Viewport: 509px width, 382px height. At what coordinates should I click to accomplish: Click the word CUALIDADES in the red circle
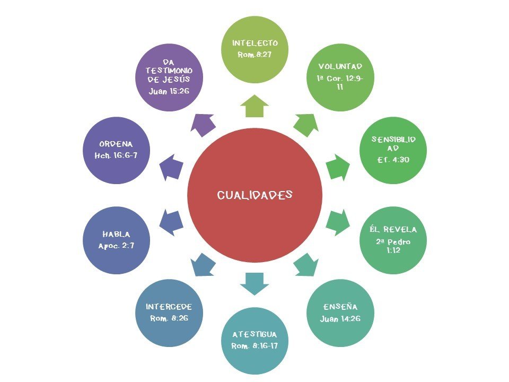coord(254,195)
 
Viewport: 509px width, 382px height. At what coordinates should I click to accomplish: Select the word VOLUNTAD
coord(340,66)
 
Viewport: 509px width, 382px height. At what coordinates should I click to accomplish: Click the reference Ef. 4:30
coord(393,159)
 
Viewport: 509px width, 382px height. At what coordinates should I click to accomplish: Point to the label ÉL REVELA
coord(393,230)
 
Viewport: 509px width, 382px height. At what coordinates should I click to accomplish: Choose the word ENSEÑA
coord(340,307)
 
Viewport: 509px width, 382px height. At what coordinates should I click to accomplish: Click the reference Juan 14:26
coord(340,319)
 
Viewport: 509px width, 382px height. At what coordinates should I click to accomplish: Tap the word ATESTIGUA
coord(254,335)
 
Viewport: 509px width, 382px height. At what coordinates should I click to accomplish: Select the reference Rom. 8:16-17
coord(254,346)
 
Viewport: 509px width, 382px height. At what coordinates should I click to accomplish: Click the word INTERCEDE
coord(169,307)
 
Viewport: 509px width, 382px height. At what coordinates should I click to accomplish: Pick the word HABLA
coord(117,235)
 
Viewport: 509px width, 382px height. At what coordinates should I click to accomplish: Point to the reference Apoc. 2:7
coord(117,246)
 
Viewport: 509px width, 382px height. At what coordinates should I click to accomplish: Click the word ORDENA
coord(116,144)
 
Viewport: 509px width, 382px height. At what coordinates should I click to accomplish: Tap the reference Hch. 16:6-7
coord(116,155)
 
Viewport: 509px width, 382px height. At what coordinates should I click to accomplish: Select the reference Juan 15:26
coord(169,91)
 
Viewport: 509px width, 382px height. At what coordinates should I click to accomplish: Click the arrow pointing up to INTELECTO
coord(254,106)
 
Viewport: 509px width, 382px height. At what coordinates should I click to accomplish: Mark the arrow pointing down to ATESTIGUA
coord(254,283)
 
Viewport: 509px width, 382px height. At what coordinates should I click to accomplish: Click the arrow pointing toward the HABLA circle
coord(171,222)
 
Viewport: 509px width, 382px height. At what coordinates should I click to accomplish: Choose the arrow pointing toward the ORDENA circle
coord(171,166)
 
